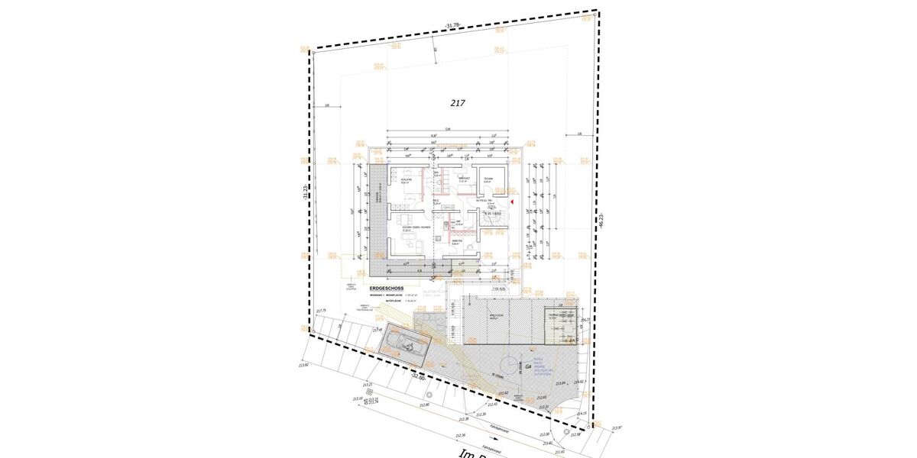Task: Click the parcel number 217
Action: point(458,102)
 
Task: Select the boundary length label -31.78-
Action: point(452,26)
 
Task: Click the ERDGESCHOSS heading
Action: point(386,289)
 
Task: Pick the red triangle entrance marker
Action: point(511,201)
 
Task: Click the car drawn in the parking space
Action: point(405,344)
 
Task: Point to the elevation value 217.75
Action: point(321,311)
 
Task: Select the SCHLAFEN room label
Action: point(407,180)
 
